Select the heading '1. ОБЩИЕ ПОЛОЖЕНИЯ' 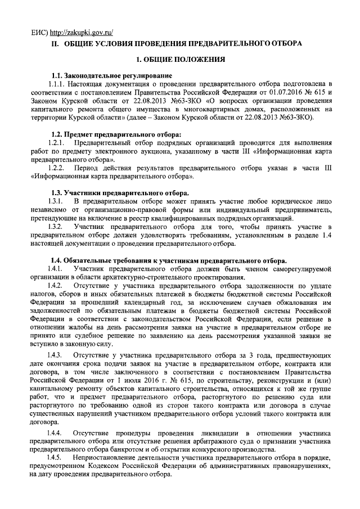181,58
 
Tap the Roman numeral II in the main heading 55,43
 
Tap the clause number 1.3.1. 58,201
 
